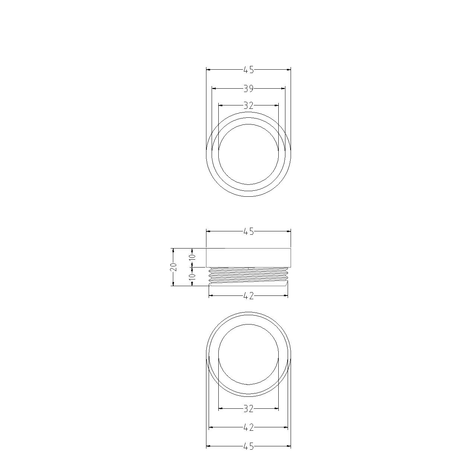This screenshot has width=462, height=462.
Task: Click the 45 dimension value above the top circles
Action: (x=249, y=70)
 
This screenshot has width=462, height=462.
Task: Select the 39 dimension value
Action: (x=249, y=89)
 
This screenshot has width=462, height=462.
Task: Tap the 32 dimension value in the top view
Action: (x=249, y=105)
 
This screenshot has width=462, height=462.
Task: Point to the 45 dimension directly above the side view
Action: (x=249, y=231)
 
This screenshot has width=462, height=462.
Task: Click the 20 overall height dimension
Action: (x=174, y=267)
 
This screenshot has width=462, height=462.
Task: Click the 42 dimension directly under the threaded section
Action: (x=249, y=296)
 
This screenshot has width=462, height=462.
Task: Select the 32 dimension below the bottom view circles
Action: (x=249, y=409)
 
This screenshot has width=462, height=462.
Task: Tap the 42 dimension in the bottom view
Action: (x=249, y=427)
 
